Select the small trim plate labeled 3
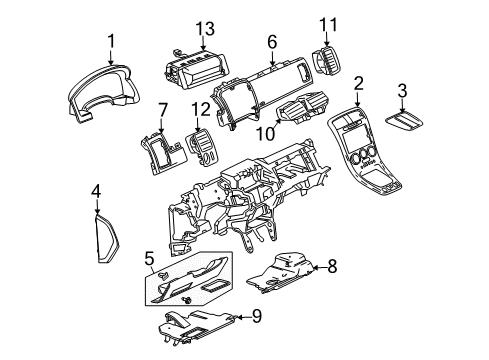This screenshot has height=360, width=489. (402, 122)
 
